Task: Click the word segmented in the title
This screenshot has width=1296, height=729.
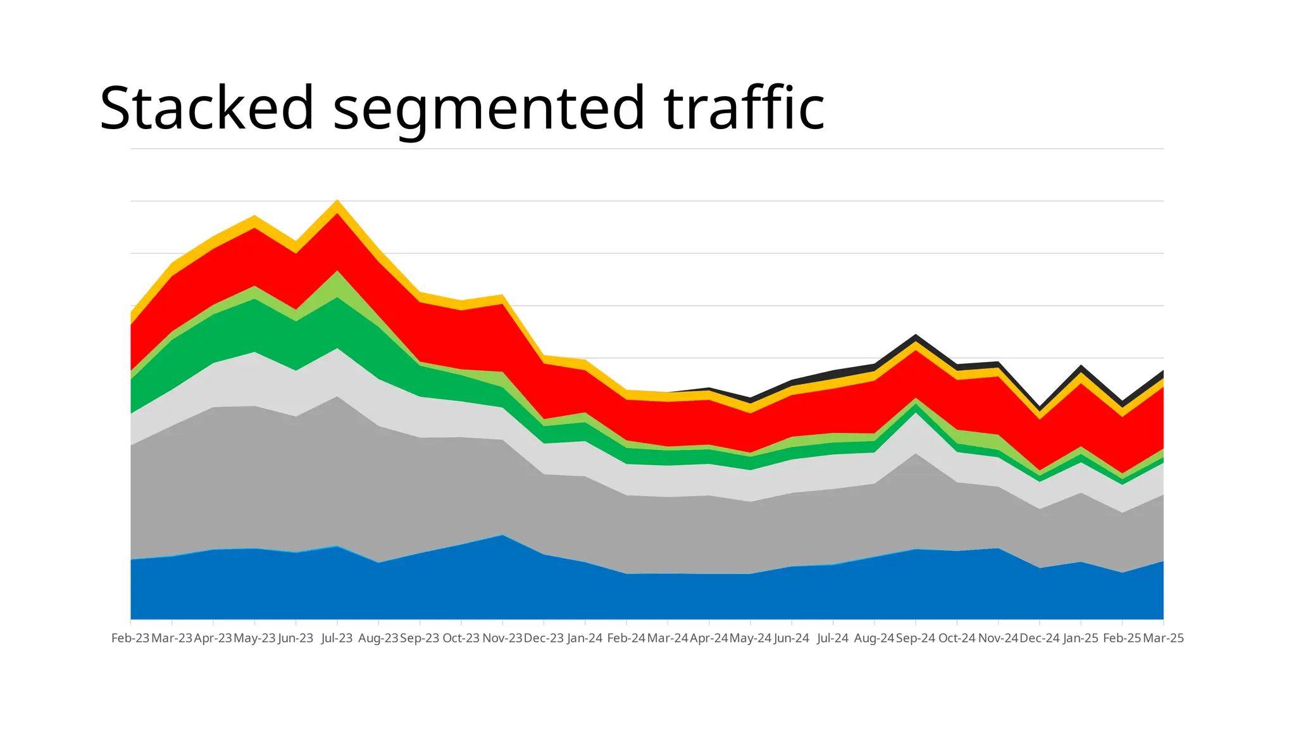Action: point(489,109)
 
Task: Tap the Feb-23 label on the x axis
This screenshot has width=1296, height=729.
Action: point(130,638)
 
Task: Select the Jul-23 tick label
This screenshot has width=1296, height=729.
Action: point(337,638)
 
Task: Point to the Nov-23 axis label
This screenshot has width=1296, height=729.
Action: point(502,638)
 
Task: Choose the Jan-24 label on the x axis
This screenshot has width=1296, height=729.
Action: point(585,638)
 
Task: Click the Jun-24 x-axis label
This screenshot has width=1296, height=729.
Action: point(791,638)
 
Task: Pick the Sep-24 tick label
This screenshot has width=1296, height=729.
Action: point(915,638)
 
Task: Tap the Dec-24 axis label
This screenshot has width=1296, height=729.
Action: point(1039,638)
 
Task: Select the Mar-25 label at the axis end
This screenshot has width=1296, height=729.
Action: point(1163,638)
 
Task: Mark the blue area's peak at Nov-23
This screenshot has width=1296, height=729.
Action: point(502,537)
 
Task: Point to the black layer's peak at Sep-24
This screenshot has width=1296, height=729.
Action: point(916,337)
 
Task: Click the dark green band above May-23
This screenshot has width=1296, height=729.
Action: point(254,325)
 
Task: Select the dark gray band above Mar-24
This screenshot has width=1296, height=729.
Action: point(668,535)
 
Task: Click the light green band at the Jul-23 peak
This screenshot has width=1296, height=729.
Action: point(337,284)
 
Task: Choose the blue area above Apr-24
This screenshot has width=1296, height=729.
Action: point(709,596)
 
